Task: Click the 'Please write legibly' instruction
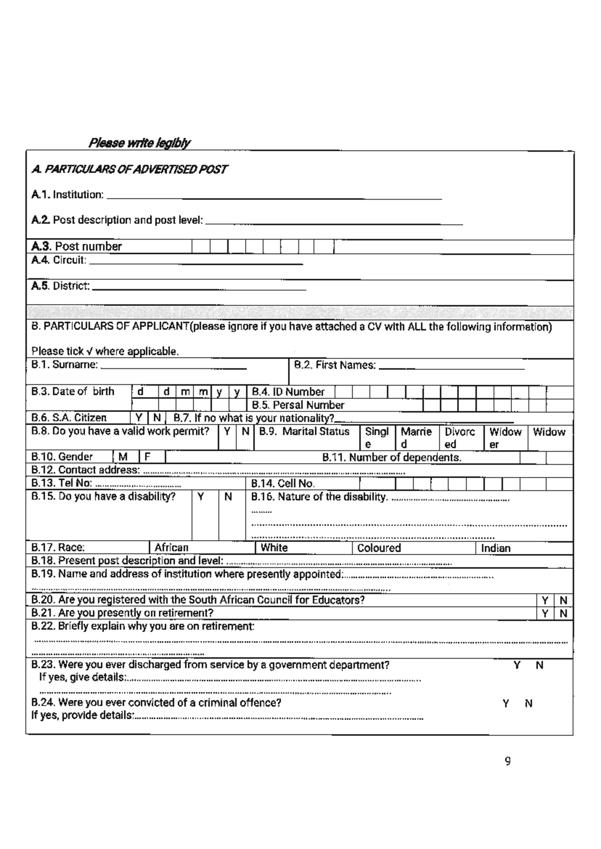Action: click(139, 143)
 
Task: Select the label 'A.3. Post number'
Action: click(77, 247)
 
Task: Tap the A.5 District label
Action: click(61, 286)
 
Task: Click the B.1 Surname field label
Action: click(64, 365)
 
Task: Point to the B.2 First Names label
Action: click(335, 365)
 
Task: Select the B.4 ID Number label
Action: click(288, 392)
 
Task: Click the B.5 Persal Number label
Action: click(298, 405)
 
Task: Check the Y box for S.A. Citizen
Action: click(139, 418)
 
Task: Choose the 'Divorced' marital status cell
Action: click(460, 438)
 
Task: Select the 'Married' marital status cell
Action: click(416, 438)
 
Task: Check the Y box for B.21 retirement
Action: click(545, 613)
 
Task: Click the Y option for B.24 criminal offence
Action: click(506, 704)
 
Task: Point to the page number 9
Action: click(508, 762)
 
